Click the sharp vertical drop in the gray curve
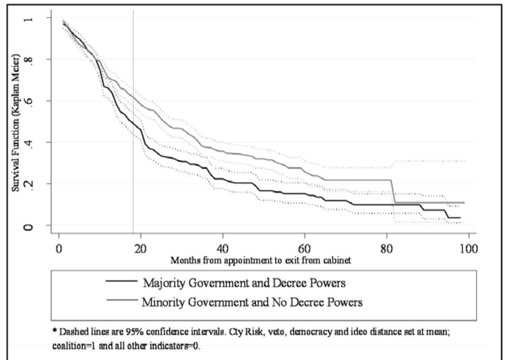click(393, 192)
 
